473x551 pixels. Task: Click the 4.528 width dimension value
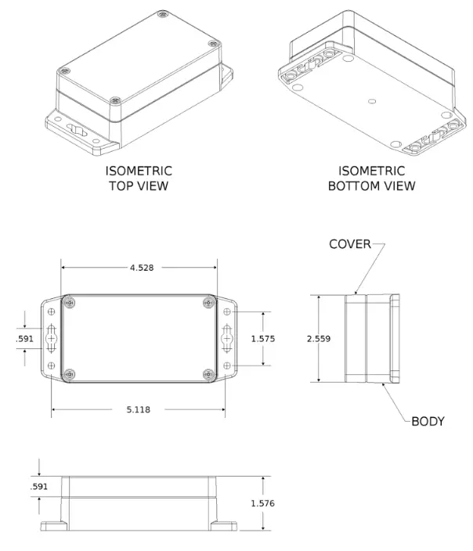[141, 268]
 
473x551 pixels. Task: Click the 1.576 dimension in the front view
[263, 503]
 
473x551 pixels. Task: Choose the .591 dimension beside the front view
[38, 486]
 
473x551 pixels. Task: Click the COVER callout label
[349, 244]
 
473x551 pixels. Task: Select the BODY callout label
[428, 421]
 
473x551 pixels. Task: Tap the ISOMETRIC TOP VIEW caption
[139, 178]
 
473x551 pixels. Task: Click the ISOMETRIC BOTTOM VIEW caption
[371, 178]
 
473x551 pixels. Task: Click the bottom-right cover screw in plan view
[208, 375]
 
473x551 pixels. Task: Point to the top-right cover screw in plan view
[208, 302]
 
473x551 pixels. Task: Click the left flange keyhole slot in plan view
[52, 339]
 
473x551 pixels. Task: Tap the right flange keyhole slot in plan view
[227, 339]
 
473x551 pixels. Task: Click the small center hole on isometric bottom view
[372, 100]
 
